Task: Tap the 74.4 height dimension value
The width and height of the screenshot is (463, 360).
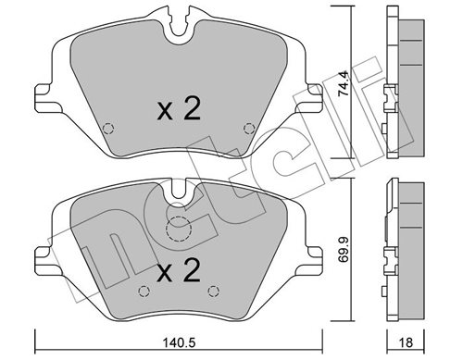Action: click(x=343, y=83)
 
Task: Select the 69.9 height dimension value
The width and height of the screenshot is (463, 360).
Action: click(x=343, y=249)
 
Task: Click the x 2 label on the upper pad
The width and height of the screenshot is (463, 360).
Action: click(x=179, y=108)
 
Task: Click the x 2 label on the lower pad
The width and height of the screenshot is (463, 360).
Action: click(x=179, y=270)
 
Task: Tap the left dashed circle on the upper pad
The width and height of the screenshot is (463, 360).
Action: click(x=108, y=129)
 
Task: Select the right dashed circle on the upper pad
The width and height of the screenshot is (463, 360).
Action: click(x=249, y=129)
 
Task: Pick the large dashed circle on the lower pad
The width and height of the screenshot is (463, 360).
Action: click(x=179, y=229)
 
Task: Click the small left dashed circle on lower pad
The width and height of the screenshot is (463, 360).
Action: click(x=144, y=291)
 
